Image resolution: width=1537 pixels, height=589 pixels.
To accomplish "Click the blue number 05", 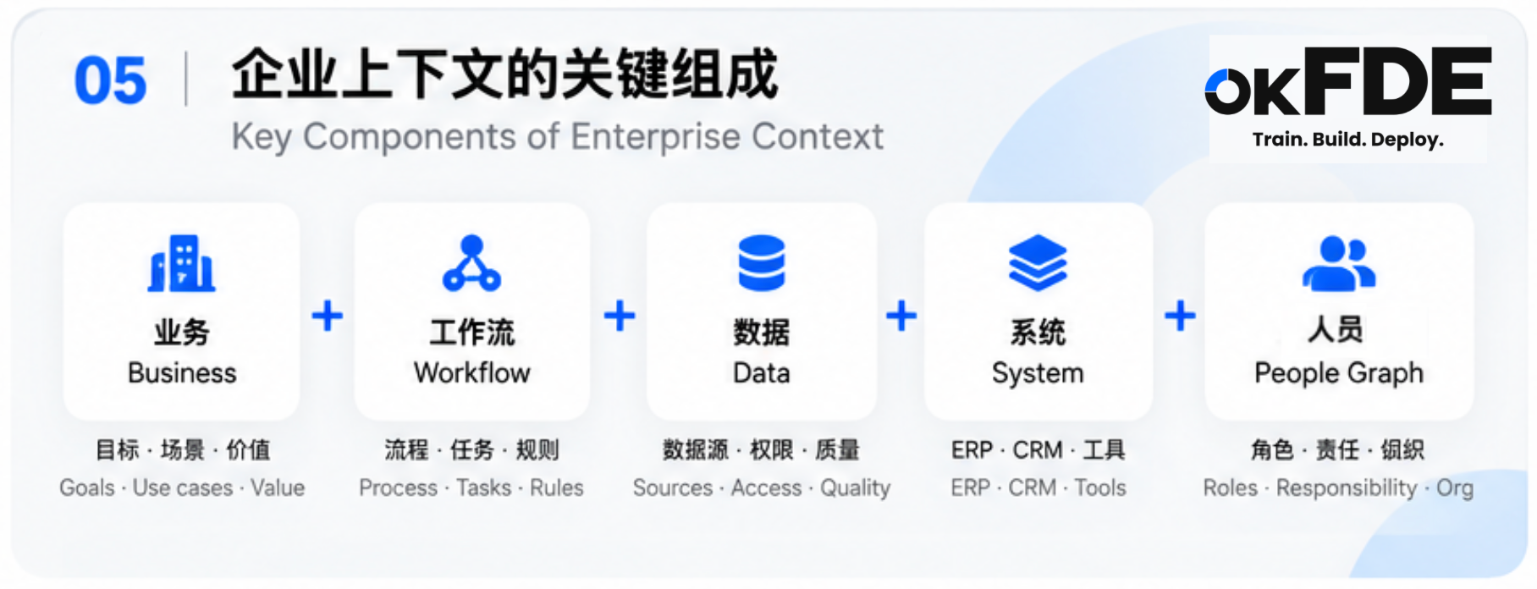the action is [x=111, y=81].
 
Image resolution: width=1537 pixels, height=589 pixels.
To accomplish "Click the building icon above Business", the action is [x=181, y=263].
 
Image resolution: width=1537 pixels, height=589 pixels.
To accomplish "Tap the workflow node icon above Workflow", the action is [x=472, y=263].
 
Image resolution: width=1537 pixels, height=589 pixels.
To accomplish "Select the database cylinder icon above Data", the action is [x=762, y=263].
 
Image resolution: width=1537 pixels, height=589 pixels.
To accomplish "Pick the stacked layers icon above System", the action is [x=1038, y=263].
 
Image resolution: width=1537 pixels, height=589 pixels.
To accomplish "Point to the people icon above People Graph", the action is [x=1339, y=263].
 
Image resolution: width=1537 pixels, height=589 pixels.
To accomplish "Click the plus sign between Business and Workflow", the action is [x=328, y=317].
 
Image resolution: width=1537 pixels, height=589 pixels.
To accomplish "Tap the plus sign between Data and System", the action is [x=901, y=317].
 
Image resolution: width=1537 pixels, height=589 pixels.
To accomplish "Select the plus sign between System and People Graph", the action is [x=1180, y=317].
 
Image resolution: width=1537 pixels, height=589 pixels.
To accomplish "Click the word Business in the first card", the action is [x=182, y=373].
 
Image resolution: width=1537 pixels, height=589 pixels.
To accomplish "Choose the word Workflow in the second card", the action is [x=472, y=373].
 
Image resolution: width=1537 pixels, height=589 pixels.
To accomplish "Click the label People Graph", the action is [x=1339, y=374].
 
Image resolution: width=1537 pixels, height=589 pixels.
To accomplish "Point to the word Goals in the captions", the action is [x=87, y=488].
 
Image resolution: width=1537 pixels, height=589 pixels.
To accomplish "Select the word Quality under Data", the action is [x=855, y=489].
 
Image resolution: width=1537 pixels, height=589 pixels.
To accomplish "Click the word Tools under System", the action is [x=1100, y=488].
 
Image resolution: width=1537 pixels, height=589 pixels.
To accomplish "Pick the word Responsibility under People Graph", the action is [x=1347, y=489].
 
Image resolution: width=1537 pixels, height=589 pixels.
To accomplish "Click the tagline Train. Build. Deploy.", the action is [x=1348, y=140].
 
